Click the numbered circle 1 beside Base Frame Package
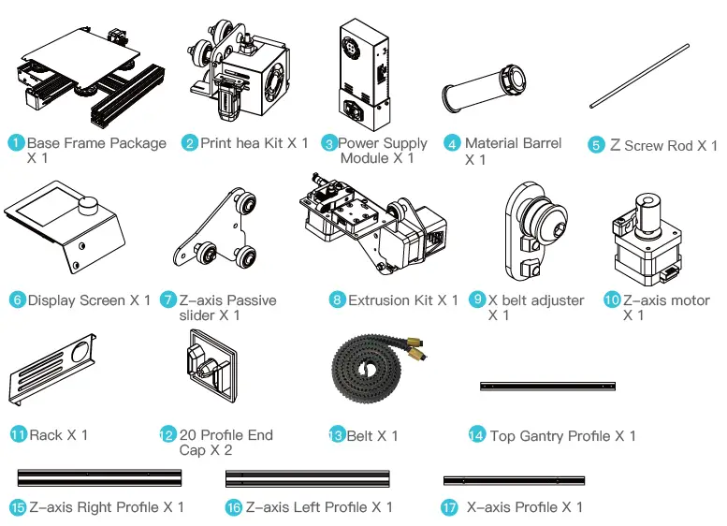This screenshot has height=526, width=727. (x=16, y=143)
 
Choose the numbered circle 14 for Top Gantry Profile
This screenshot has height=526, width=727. (x=476, y=436)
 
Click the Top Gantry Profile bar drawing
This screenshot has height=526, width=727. (x=547, y=386)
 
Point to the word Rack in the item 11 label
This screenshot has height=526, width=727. (x=46, y=435)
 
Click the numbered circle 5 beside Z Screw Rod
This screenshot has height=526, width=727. (x=597, y=146)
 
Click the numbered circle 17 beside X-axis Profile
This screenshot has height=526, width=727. (x=449, y=507)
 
